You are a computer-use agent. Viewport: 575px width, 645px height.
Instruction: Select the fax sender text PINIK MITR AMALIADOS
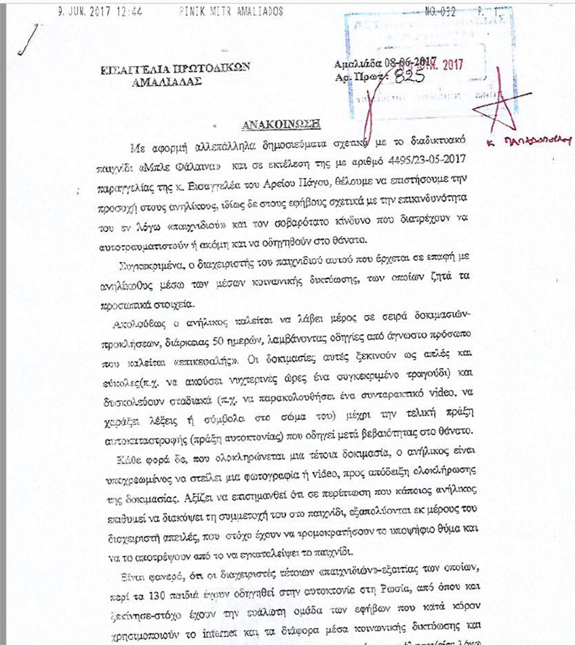(x=231, y=12)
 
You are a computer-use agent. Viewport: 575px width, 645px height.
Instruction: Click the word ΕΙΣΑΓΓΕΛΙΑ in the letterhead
(x=133, y=68)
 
